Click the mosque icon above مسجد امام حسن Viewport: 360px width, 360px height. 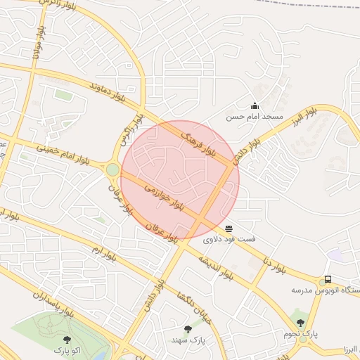click(x=254, y=105)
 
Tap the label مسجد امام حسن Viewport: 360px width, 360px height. click(x=254, y=117)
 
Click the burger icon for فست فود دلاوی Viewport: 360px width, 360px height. click(x=229, y=228)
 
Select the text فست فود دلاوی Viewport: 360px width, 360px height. click(x=229, y=239)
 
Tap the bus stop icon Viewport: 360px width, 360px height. click(x=328, y=279)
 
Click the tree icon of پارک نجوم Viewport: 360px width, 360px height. click(x=300, y=323)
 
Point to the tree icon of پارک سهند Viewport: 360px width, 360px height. click(x=187, y=329)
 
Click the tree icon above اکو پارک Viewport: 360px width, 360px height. click(x=67, y=340)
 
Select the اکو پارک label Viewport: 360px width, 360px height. click(x=67, y=349)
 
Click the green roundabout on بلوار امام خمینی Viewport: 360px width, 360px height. click(x=112, y=169)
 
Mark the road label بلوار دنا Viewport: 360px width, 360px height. click(x=276, y=266)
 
